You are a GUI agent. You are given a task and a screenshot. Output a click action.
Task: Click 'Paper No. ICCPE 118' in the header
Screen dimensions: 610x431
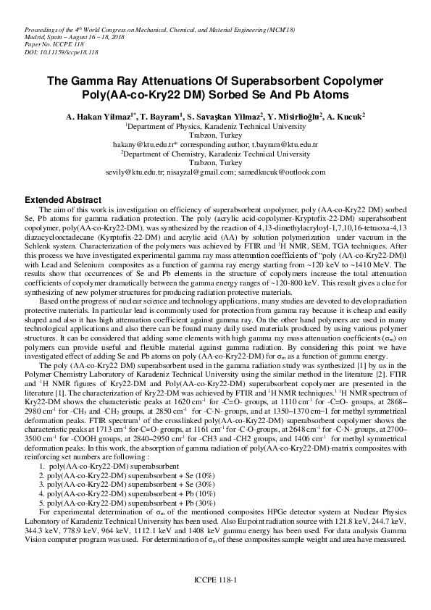click(x=44, y=45)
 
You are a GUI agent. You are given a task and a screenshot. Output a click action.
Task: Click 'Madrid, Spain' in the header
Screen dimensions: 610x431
click(x=35, y=37)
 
